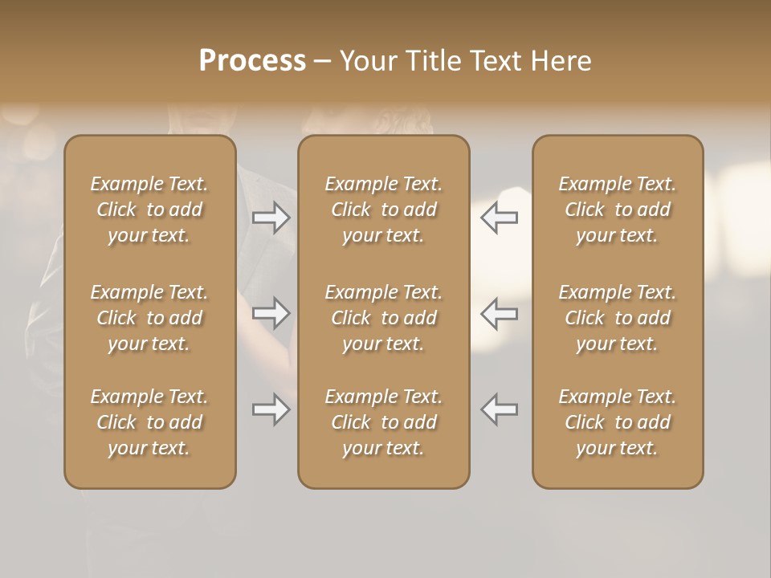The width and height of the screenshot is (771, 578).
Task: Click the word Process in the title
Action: click(x=252, y=60)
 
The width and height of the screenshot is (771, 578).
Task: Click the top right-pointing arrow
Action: click(x=271, y=218)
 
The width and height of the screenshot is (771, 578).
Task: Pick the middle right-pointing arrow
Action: click(x=271, y=313)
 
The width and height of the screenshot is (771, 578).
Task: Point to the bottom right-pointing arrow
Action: click(x=271, y=409)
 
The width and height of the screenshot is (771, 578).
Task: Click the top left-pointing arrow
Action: click(x=500, y=218)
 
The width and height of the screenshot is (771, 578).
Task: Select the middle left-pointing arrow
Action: click(x=500, y=313)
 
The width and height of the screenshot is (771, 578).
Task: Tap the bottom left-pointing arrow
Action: click(x=500, y=409)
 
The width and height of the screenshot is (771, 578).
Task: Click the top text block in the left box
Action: click(x=149, y=210)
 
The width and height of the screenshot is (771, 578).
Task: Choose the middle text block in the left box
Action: click(x=149, y=318)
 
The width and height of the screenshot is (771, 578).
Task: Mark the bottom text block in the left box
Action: click(x=149, y=422)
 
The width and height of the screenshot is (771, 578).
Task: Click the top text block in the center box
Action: click(x=383, y=210)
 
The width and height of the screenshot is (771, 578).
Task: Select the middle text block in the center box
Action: click(x=383, y=318)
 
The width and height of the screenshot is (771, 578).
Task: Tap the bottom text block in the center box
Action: click(x=383, y=422)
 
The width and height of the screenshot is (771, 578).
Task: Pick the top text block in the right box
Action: click(x=617, y=210)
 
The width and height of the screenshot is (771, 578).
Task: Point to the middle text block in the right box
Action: click(x=617, y=318)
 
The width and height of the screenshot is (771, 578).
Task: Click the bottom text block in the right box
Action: click(x=617, y=422)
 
